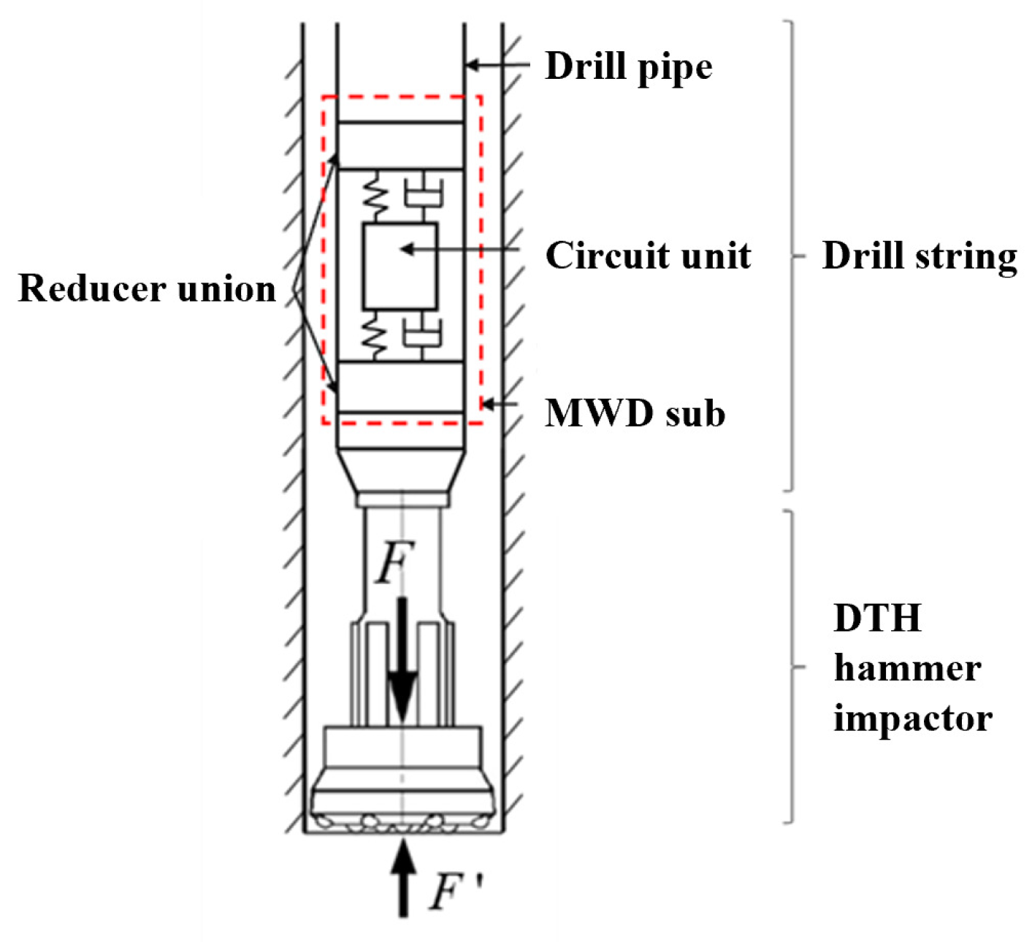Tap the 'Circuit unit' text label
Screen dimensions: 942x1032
click(648, 256)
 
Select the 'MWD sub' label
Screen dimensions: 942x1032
click(635, 413)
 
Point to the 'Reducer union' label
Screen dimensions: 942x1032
click(147, 288)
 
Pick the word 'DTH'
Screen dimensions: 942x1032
click(877, 619)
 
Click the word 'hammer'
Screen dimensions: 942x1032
click(906, 668)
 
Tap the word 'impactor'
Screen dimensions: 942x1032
click(912, 718)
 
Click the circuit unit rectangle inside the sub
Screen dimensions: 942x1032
click(400, 267)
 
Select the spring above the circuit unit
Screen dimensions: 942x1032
click(375, 196)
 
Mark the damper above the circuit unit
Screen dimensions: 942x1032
click(424, 195)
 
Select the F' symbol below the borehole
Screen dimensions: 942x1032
click(454, 892)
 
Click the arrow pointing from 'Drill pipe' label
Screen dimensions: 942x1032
click(497, 65)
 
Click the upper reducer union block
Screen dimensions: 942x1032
click(400, 145)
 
